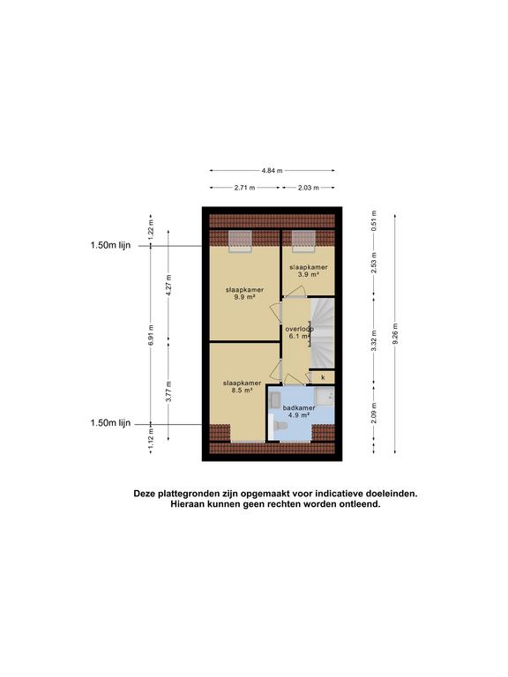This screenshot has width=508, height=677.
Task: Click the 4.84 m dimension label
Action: tap(272, 170)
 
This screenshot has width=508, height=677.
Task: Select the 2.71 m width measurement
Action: tap(244, 188)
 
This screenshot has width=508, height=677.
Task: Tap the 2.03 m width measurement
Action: tap(309, 188)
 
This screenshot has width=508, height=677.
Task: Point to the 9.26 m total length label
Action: tap(395, 334)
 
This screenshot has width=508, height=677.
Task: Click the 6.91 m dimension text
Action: tap(151, 335)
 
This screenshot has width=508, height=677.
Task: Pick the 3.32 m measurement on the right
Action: tap(374, 340)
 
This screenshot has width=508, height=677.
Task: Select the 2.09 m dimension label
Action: tap(374, 413)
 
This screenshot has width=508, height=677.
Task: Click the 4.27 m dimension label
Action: tap(168, 285)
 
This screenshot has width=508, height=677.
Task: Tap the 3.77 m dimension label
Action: tap(168, 391)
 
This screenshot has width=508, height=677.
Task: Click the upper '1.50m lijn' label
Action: tap(110, 245)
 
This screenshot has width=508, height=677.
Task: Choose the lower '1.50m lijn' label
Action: tap(110, 423)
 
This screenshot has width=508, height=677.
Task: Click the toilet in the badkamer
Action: tap(278, 426)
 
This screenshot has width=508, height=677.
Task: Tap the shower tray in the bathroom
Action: tap(324, 396)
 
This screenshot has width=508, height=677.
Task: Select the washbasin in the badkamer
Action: tap(274, 398)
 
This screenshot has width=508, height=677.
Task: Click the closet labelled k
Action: tap(322, 377)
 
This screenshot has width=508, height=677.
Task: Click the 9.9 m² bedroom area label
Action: tap(244, 294)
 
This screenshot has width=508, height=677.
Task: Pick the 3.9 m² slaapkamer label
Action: tap(309, 271)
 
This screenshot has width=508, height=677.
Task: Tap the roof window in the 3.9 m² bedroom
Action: tap(303, 241)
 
